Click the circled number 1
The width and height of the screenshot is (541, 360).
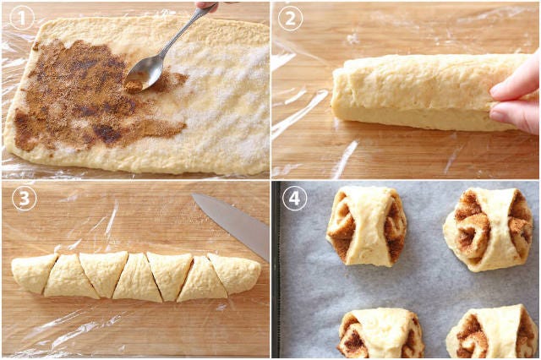tap(22, 18)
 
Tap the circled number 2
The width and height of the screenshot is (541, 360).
tap(291, 18)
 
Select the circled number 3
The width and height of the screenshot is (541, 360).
tap(25, 199)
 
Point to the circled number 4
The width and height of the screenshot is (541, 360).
tap(294, 199)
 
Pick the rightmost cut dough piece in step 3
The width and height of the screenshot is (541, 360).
tap(237, 272)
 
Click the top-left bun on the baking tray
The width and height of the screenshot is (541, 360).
tap(367, 226)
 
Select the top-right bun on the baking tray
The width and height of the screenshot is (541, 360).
tap(489, 229)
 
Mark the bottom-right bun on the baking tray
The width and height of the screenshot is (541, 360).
tap(492, 332)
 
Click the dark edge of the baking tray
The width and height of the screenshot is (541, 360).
tap(276, 269)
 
